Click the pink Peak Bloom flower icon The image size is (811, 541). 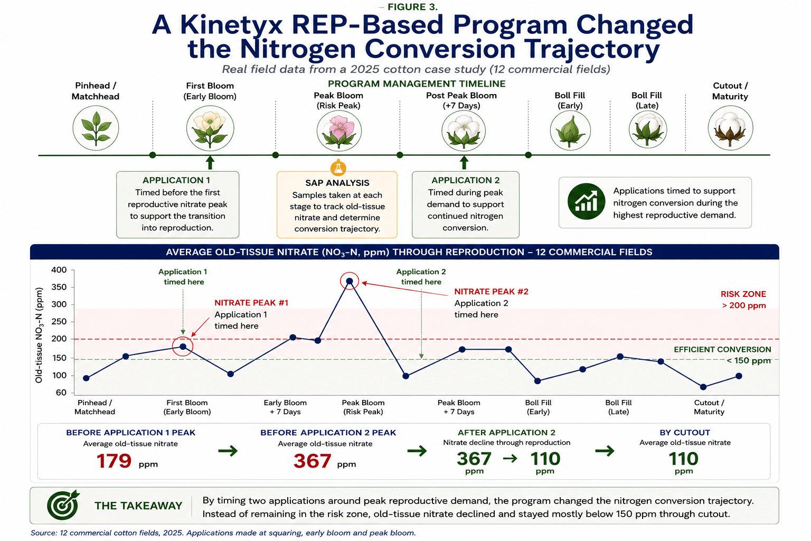[x=339, y=131]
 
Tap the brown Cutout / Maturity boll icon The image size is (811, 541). [x=730, y=128]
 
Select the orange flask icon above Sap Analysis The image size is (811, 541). [x=338, y=168]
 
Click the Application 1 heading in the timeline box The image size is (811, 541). [x=176, y=180]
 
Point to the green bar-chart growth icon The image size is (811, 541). [x=586, y=201]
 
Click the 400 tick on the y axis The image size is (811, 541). [x=59, y=270]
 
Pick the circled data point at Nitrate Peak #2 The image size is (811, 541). [x=350, y=281]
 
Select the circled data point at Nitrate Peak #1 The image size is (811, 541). [x=183, y=347]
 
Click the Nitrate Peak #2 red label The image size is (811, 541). [x=492, y=292]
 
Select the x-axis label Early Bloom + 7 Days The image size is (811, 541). [x=285, y=407]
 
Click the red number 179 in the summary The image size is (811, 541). [x=114, y=461]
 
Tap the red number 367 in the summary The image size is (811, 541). [x=312, y=461]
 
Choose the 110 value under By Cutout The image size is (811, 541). [x=684, y=459]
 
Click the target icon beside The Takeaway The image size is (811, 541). [x=63, y=505]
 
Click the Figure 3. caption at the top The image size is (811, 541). [x=412, y=7]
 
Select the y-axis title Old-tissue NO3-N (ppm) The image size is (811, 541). [x=39, y=335]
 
